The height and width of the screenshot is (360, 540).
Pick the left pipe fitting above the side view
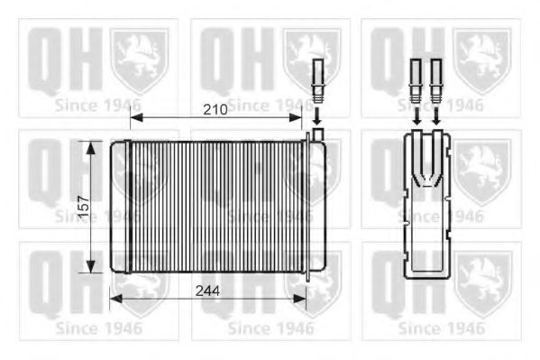tap(416, 79)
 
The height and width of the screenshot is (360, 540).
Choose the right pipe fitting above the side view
tap(436, 79)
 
